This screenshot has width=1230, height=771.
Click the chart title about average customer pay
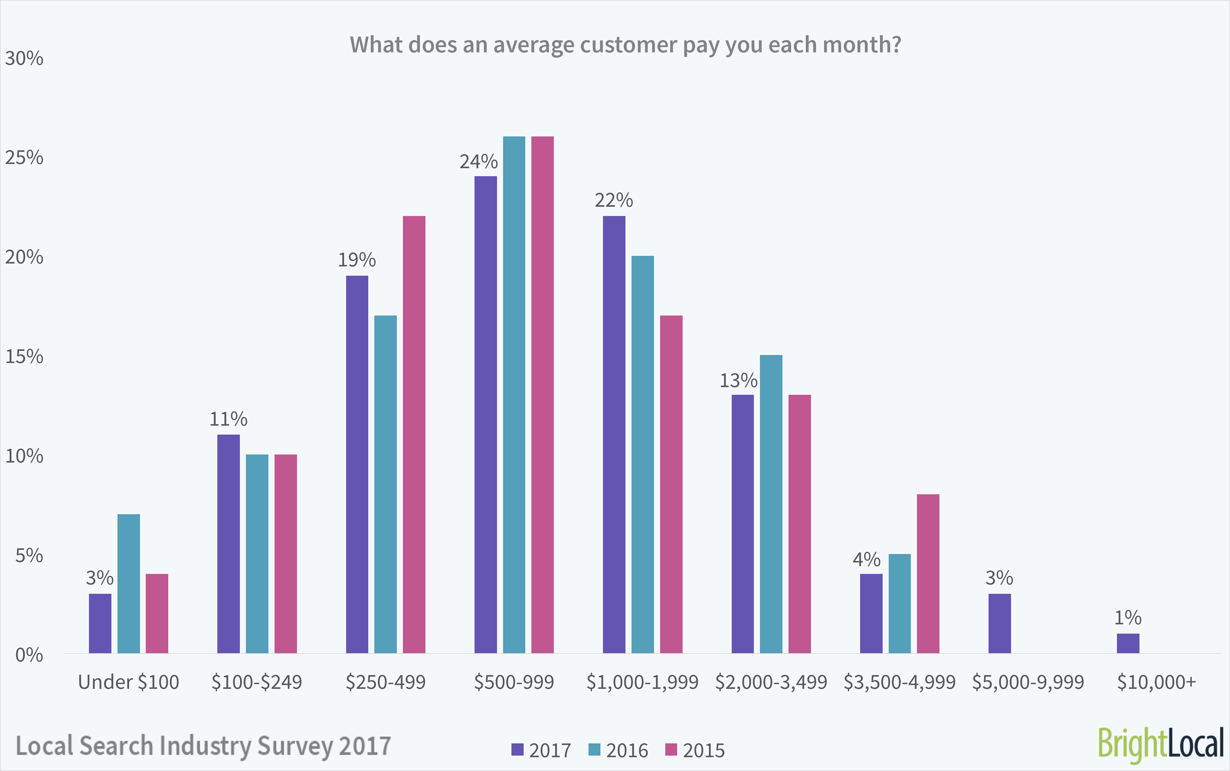tap(625, 45)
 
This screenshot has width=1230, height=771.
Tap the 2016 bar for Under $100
tap(129, 583)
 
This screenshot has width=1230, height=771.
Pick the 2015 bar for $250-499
tap(414, 434)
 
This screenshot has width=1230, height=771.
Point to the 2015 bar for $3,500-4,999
tap(928, 573)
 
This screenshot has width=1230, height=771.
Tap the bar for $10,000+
tap(1128, 643)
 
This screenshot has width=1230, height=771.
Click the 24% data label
tap(478, 162)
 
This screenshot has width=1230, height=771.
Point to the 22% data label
tap(614, 200)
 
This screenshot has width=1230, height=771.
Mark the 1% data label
tap(1127, 618)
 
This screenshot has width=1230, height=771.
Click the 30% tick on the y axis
tap(24, 59)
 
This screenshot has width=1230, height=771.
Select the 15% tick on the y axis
tap(24, 356)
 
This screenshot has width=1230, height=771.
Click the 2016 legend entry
tap(618, 751)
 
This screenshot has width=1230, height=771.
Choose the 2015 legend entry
tap(695, 751)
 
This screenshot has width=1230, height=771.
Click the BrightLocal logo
tap(1160, 745)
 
